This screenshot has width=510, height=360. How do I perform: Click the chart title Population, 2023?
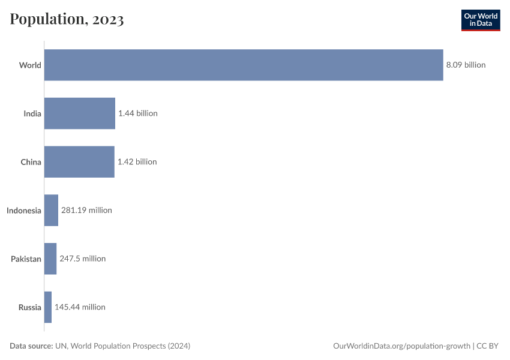point(67,19)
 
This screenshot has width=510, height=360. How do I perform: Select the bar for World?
point(243,65)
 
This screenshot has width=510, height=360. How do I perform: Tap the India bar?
point(79,113)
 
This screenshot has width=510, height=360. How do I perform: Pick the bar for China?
point(79,162)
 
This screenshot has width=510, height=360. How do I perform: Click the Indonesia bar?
point(51,211)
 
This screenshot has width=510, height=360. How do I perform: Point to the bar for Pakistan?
point(50,259)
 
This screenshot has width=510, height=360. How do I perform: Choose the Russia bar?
point(48,307)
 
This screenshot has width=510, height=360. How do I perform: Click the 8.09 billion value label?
point(466,65)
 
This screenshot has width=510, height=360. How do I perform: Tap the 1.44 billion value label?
point(137,113)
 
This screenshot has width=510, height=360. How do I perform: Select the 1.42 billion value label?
point(137,162)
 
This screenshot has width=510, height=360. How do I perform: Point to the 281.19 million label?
point(86,211)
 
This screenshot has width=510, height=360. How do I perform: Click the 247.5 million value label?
point(82,259)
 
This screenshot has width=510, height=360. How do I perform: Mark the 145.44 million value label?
point(80,307)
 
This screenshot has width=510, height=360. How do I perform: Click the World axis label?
point(30,65)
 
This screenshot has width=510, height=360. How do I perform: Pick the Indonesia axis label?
point(24,211)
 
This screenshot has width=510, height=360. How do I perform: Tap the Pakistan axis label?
point(26,259)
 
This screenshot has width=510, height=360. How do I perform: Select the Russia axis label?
point(30,307)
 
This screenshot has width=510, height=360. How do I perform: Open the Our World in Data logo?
point(480,20)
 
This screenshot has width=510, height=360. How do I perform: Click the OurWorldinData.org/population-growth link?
point(401,346)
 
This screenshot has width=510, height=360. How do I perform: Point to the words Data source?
point(31,346)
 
